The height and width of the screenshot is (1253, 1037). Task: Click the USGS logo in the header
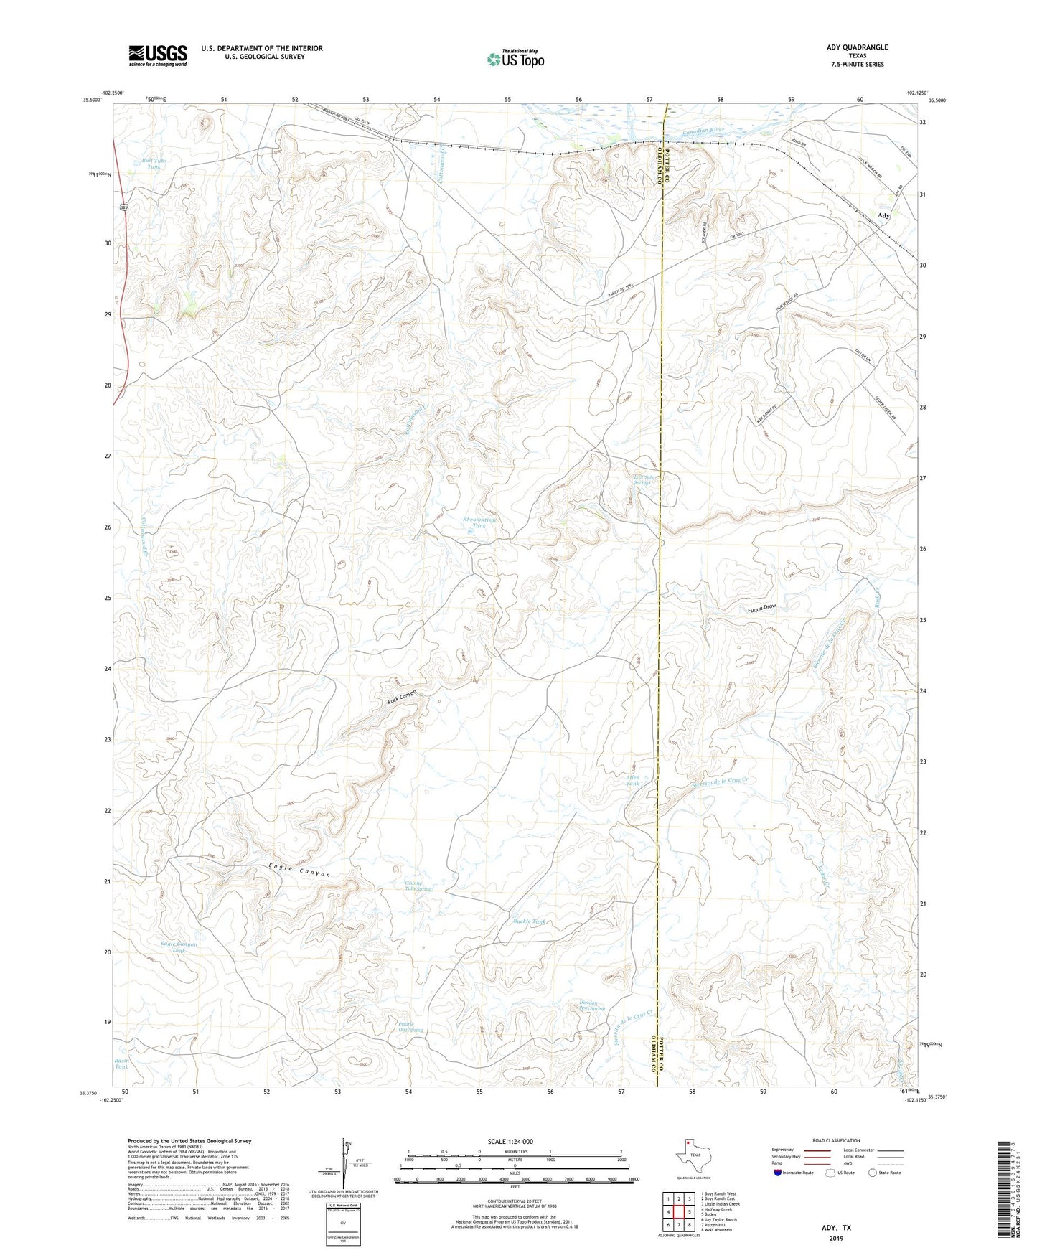point(157,55)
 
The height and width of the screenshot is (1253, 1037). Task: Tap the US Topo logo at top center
point(515,59)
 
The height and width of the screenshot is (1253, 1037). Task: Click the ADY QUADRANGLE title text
point(857,47)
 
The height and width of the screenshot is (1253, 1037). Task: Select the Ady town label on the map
point(883,215)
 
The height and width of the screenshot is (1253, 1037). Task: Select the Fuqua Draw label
point(761,607)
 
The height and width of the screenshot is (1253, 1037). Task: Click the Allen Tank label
point(632,780)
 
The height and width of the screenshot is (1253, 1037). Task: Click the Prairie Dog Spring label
point(410,1027)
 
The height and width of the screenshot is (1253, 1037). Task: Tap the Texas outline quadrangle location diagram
point(693,1157)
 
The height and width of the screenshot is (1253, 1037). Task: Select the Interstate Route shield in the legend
point(778,1173)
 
